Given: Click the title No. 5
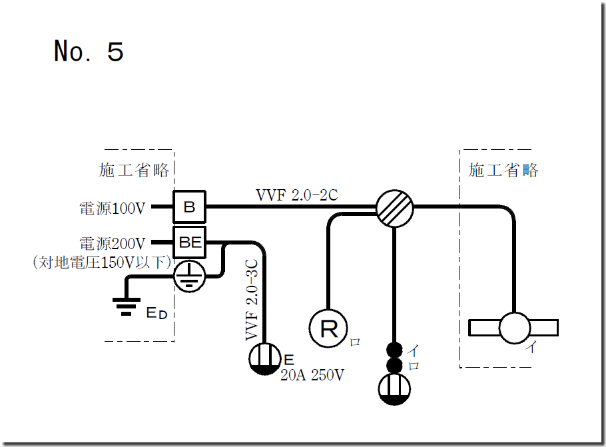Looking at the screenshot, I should [89, 51].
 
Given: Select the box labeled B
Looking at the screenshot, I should [190, 207].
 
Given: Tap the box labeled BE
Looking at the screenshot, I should [190, 242].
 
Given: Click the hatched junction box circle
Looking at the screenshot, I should [394, 207].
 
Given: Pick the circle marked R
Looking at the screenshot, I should [329, 328].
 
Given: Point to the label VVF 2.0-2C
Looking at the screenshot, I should [297, 195].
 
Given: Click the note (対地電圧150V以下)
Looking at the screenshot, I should [99, 262].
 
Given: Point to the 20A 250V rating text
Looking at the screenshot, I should [312, 375].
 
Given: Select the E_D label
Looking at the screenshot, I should [156, 312].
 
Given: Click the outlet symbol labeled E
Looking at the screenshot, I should [265, 359].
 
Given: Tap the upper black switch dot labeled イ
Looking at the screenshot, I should [394, 350].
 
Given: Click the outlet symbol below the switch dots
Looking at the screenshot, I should [394, 390].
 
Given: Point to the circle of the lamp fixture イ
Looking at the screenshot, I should [515, 328].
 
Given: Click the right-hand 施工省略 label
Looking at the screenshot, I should [503, 171].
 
